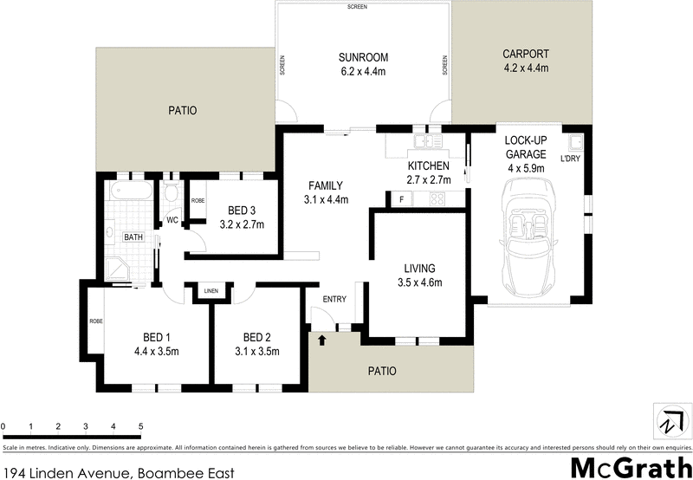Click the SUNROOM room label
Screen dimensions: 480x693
pos(364,58)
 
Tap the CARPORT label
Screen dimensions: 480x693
pos(525,54)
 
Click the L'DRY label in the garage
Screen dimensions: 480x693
pos(570,159)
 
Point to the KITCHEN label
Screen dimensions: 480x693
pos(429,165)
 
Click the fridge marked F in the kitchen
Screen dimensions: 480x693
pos(401,200)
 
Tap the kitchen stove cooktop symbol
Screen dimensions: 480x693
pos(437,200)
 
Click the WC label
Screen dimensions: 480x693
pos(172,219)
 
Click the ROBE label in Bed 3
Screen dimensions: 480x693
pos(198,200)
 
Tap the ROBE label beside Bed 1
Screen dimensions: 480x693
pos(94,321)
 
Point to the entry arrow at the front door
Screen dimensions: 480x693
pos(322,341)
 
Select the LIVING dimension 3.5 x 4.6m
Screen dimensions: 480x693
pos(419,282)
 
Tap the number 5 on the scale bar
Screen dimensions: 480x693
pos(140,426)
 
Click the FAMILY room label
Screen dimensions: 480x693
pos(326,185)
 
